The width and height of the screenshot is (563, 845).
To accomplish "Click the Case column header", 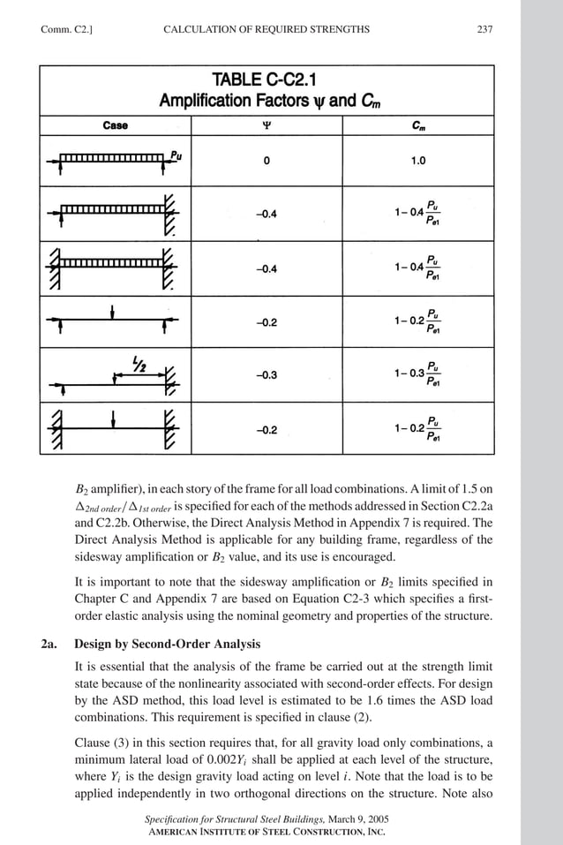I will [115, 125].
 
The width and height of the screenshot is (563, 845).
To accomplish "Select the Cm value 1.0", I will [418, 162].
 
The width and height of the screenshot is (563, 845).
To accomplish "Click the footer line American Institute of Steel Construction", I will [266, 833].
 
